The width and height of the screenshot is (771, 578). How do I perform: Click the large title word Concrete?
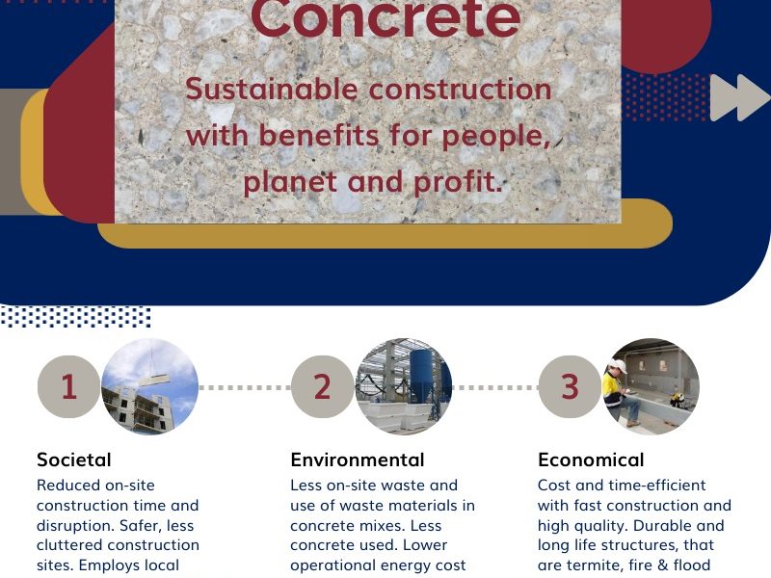385,18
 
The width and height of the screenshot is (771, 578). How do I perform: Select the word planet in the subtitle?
292,182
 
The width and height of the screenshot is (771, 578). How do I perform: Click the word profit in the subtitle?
457,182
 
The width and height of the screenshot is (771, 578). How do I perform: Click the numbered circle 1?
68,387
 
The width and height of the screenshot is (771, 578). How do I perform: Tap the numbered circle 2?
323,387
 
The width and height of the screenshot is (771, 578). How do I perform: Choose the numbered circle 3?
570,387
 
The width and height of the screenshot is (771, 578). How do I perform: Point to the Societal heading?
74,460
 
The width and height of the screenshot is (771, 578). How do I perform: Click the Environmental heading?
358,460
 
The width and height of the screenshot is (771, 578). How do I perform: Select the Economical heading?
591,460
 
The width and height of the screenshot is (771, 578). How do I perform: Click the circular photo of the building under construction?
150,386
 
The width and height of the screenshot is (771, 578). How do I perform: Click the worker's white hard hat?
619,366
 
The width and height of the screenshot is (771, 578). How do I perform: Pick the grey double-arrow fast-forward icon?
739,97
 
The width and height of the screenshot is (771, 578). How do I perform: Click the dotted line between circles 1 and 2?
245,387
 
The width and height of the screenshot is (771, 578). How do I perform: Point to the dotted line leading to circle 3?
495,387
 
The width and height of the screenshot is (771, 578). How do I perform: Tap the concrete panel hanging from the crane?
154,380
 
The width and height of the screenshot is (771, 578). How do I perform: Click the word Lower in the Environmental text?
425,545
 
